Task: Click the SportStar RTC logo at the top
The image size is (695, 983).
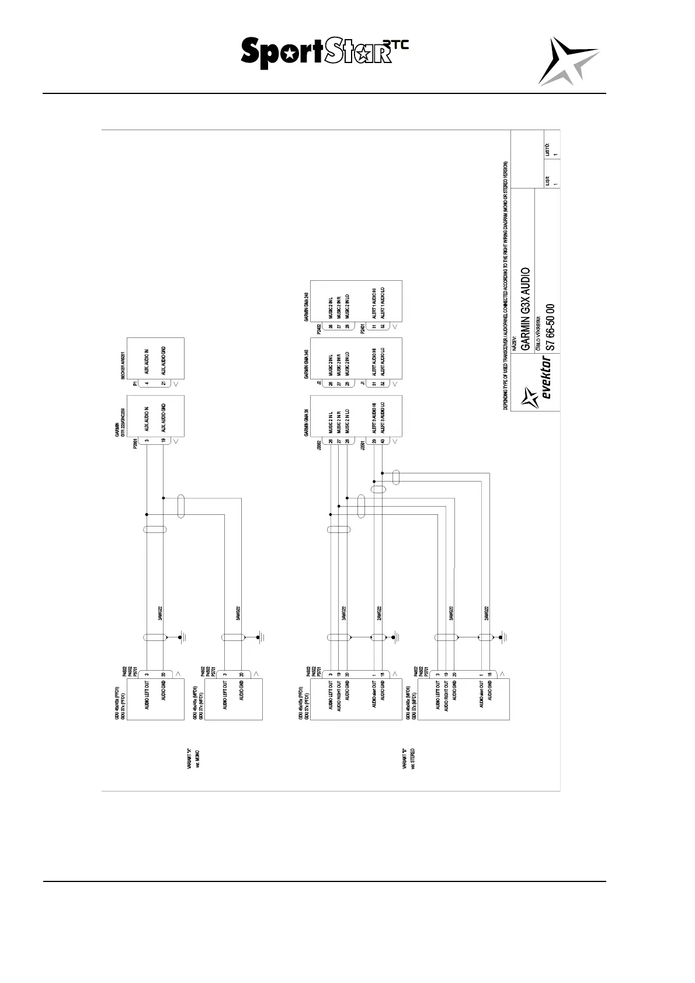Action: click(x=324, y=53)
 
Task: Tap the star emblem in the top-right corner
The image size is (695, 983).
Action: click(x=567, y=60)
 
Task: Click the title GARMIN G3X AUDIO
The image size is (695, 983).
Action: click(x=526, y=309)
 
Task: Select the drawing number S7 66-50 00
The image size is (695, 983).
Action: click(x=549, y=327)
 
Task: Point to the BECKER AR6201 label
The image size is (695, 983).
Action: click(x=123, y=365)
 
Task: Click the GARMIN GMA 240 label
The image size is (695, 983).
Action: click(x=307, y=306)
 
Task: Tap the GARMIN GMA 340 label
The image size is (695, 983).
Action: click(x=307, y=365)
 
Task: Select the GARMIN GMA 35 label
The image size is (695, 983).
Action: click(x=307, y=422)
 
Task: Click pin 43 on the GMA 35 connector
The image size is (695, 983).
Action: click(x=383, y=442)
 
